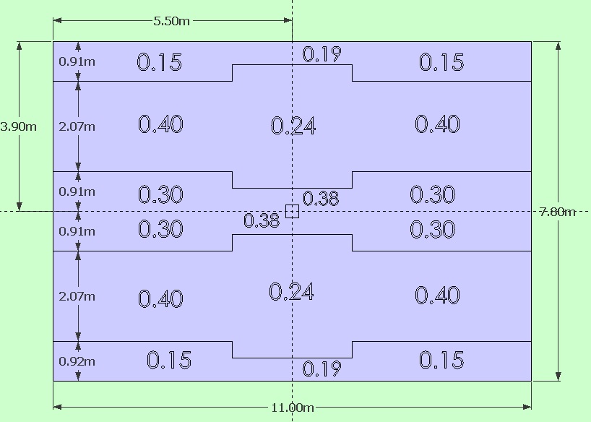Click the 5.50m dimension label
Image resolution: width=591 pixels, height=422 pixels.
pyautogui.click(x=172, y=21)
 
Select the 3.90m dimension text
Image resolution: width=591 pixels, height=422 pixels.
pyautogui.click(x=19, y=126)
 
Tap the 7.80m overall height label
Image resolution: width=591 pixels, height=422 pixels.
pyautogui.click(x=557, y=212)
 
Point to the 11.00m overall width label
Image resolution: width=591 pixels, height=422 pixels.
pyautogui.click(x=293, y=408)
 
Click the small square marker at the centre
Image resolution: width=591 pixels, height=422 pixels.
pyautogui.click(x=292, y=211)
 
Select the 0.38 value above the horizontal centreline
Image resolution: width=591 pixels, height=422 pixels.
pyautogui.click(x=321, y=199)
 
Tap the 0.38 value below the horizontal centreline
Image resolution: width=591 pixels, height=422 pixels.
pyautogui.click(x=262, y=221)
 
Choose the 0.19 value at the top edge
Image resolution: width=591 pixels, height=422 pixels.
pyautogui.click(x=322, y=54)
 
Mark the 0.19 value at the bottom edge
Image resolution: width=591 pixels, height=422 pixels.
pyautogui.click(x=322, y=369)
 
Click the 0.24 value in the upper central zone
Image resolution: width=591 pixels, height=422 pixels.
pyautogui.click(x=293, y=126)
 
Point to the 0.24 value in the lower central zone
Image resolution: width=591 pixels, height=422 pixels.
pyautogui.click(x=291, y=292)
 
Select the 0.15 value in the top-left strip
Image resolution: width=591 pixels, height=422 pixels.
pyautogui.click(x=160, y=62)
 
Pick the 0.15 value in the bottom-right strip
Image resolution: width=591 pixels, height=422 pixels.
pyautogui.click(x=441, y=360)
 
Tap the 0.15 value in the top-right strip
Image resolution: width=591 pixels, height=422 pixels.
pyautogui.click(x=441, y=62)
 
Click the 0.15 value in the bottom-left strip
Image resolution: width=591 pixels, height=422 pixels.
pyautogui.click(x=169, y=360)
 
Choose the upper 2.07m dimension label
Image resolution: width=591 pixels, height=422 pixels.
pyautogui.click(x=77, y=126)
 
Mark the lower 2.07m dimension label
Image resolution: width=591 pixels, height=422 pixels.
pyautogui.click(x=77, y=296)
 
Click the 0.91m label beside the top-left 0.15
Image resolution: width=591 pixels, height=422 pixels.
pyautogui.click(x=77, y=61)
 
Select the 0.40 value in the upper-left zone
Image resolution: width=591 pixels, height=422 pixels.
pyautogui.click(x=160, y=124)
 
